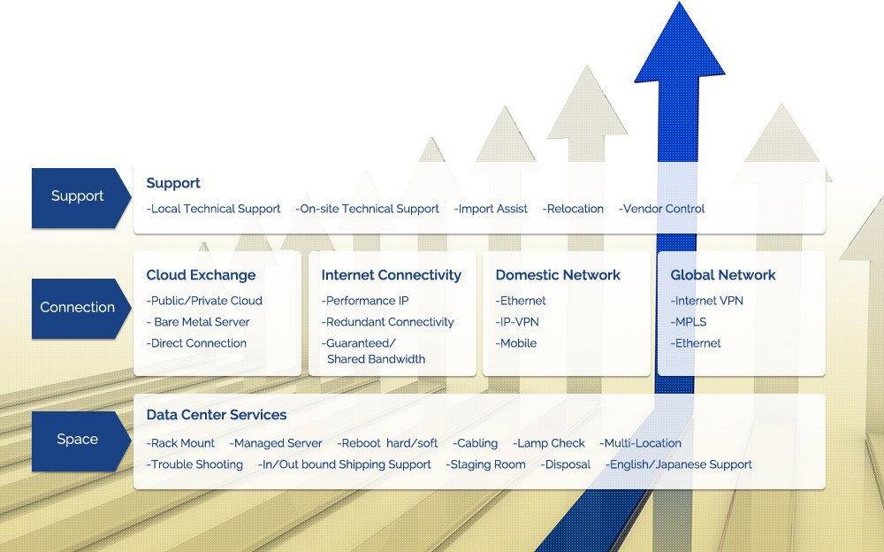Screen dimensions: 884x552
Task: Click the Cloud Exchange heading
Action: pyautogui.click(x=201, y=275)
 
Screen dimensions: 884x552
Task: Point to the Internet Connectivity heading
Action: pyautogui.click(x=392, y=275)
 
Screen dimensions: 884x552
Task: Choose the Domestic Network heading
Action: pyautogui.click(x=558, y=275)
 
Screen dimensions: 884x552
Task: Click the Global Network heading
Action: pyautogui.click(x=723, y=275)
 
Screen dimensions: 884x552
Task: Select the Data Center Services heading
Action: pyautogui.click(x=217, y=415)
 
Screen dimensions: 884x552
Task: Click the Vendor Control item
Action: pyautogui.click(x=662, y=209)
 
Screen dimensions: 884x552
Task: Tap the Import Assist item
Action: pyautogui.click(x=491, y=209)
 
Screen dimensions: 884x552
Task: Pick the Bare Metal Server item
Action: pyautogui.click(x=198, y=322)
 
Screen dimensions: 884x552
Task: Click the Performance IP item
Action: pyautogui.click(x=365, y=301)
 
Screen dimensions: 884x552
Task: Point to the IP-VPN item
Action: pyautogui.click(x=517, y=322)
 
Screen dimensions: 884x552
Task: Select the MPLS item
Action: pyautogui.click(x=689, y=322)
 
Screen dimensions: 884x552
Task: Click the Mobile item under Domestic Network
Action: pyautogui.click(x=516, y=343)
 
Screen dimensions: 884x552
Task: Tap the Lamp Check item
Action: pyautogui.click(x=549, y=443)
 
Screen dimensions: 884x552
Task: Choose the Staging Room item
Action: pyautogui.click(x=486, y=464)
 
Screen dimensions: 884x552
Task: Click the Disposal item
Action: pyautogui.click(x=566, y=464)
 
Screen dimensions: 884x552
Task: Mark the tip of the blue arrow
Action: pyautogui.click(x=679, y=2)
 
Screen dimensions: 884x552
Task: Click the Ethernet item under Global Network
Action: pyautogui.click(x=696, y=343)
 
